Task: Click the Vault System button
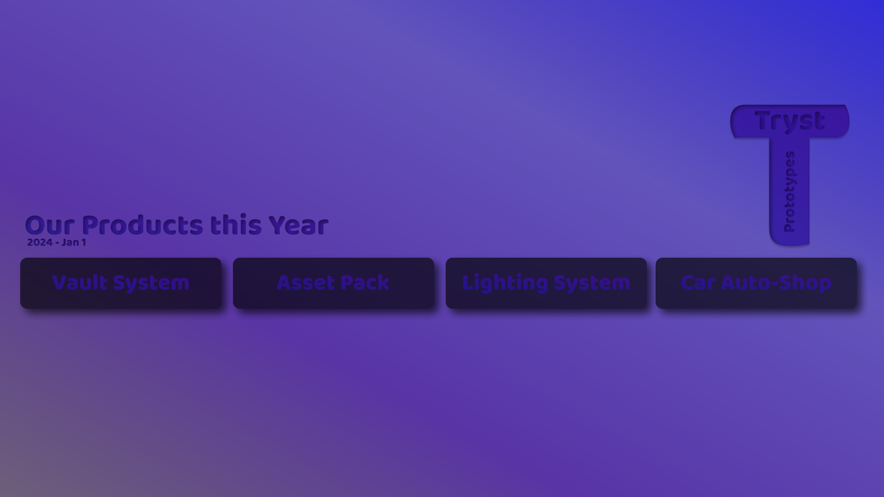coord(121,283)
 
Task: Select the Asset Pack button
coord(333,283)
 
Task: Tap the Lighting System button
coord(546,283)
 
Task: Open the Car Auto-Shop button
coord(756,283)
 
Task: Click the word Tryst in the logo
coord(790,121)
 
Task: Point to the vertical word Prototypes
coord(790,191)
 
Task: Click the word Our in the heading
coord(50,225)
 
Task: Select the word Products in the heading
coord(142,225)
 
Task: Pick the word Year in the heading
coord(298,225)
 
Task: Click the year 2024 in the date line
coord(40,243)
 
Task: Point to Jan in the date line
coord(70,243)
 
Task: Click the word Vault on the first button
coord(80,283)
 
